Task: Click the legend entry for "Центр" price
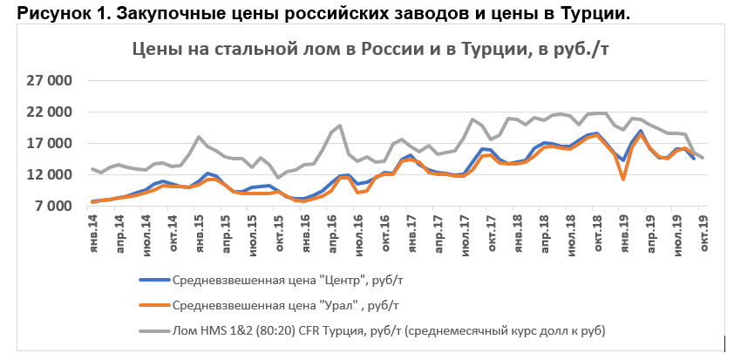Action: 288,280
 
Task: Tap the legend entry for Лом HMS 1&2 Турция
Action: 387,330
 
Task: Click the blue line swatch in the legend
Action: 153,280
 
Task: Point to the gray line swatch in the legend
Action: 153,330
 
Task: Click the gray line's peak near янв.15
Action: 199,137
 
